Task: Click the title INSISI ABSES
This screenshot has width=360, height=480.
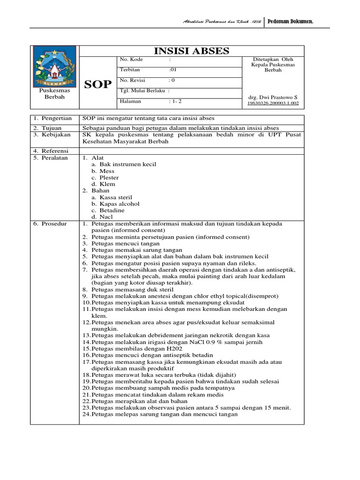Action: click(191, 51)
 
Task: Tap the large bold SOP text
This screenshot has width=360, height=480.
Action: click(97, 84)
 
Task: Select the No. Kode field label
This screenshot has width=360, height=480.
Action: click(132, 60)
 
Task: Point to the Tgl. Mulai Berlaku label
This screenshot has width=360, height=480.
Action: click(143, 90)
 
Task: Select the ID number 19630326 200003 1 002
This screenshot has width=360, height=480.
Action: click(273, 103)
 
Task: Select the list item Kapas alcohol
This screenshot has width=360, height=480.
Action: click(120, 204)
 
